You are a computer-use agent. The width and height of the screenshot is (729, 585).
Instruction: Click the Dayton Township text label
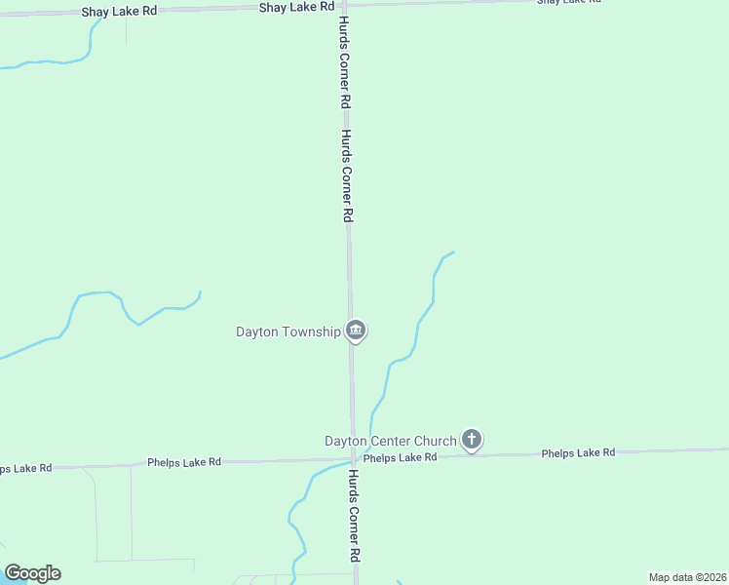click(x=288, y=331)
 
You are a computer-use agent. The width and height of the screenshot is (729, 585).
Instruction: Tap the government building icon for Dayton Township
click(x=357, y=331)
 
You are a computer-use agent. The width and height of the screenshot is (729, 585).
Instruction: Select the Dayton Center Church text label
click(x=390, y=441)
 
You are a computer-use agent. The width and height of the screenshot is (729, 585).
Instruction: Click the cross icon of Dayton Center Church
click(x=472, y=440)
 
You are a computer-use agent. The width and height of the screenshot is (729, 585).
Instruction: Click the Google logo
click(x=32, y=573)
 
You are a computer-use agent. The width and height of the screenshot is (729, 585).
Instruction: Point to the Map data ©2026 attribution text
click(x=687, y=577)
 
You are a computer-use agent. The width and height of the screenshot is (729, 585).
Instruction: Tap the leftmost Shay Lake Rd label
click(x=119, y=10)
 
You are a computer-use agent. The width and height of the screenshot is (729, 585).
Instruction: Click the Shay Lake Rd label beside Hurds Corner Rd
click(x=296, y=7)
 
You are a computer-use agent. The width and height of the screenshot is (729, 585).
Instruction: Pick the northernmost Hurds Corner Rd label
click(x=345, y=60)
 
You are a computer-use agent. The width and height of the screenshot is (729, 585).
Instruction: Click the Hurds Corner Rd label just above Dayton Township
click(x=347, y=176)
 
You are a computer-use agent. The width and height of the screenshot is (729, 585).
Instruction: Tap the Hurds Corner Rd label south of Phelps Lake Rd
click(x=356, y=516)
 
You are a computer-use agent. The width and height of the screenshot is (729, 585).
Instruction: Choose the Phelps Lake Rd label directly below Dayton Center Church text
click(x=400, y=457)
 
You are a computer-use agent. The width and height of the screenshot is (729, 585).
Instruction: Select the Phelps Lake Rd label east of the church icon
click(x=578, y=453)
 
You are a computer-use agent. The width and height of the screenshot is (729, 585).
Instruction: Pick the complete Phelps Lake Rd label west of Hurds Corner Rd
click(x=184, y=461)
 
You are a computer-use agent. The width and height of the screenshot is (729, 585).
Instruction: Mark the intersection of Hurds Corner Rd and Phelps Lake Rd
click(x=353, y=458)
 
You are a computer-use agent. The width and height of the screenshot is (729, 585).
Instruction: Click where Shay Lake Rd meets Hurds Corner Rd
click(x=345, y=5)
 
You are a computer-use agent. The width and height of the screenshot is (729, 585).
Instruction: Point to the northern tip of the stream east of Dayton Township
click(x=454, y=253)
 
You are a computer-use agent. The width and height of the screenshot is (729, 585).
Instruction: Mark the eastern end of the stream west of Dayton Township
click(x=200, y=292)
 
